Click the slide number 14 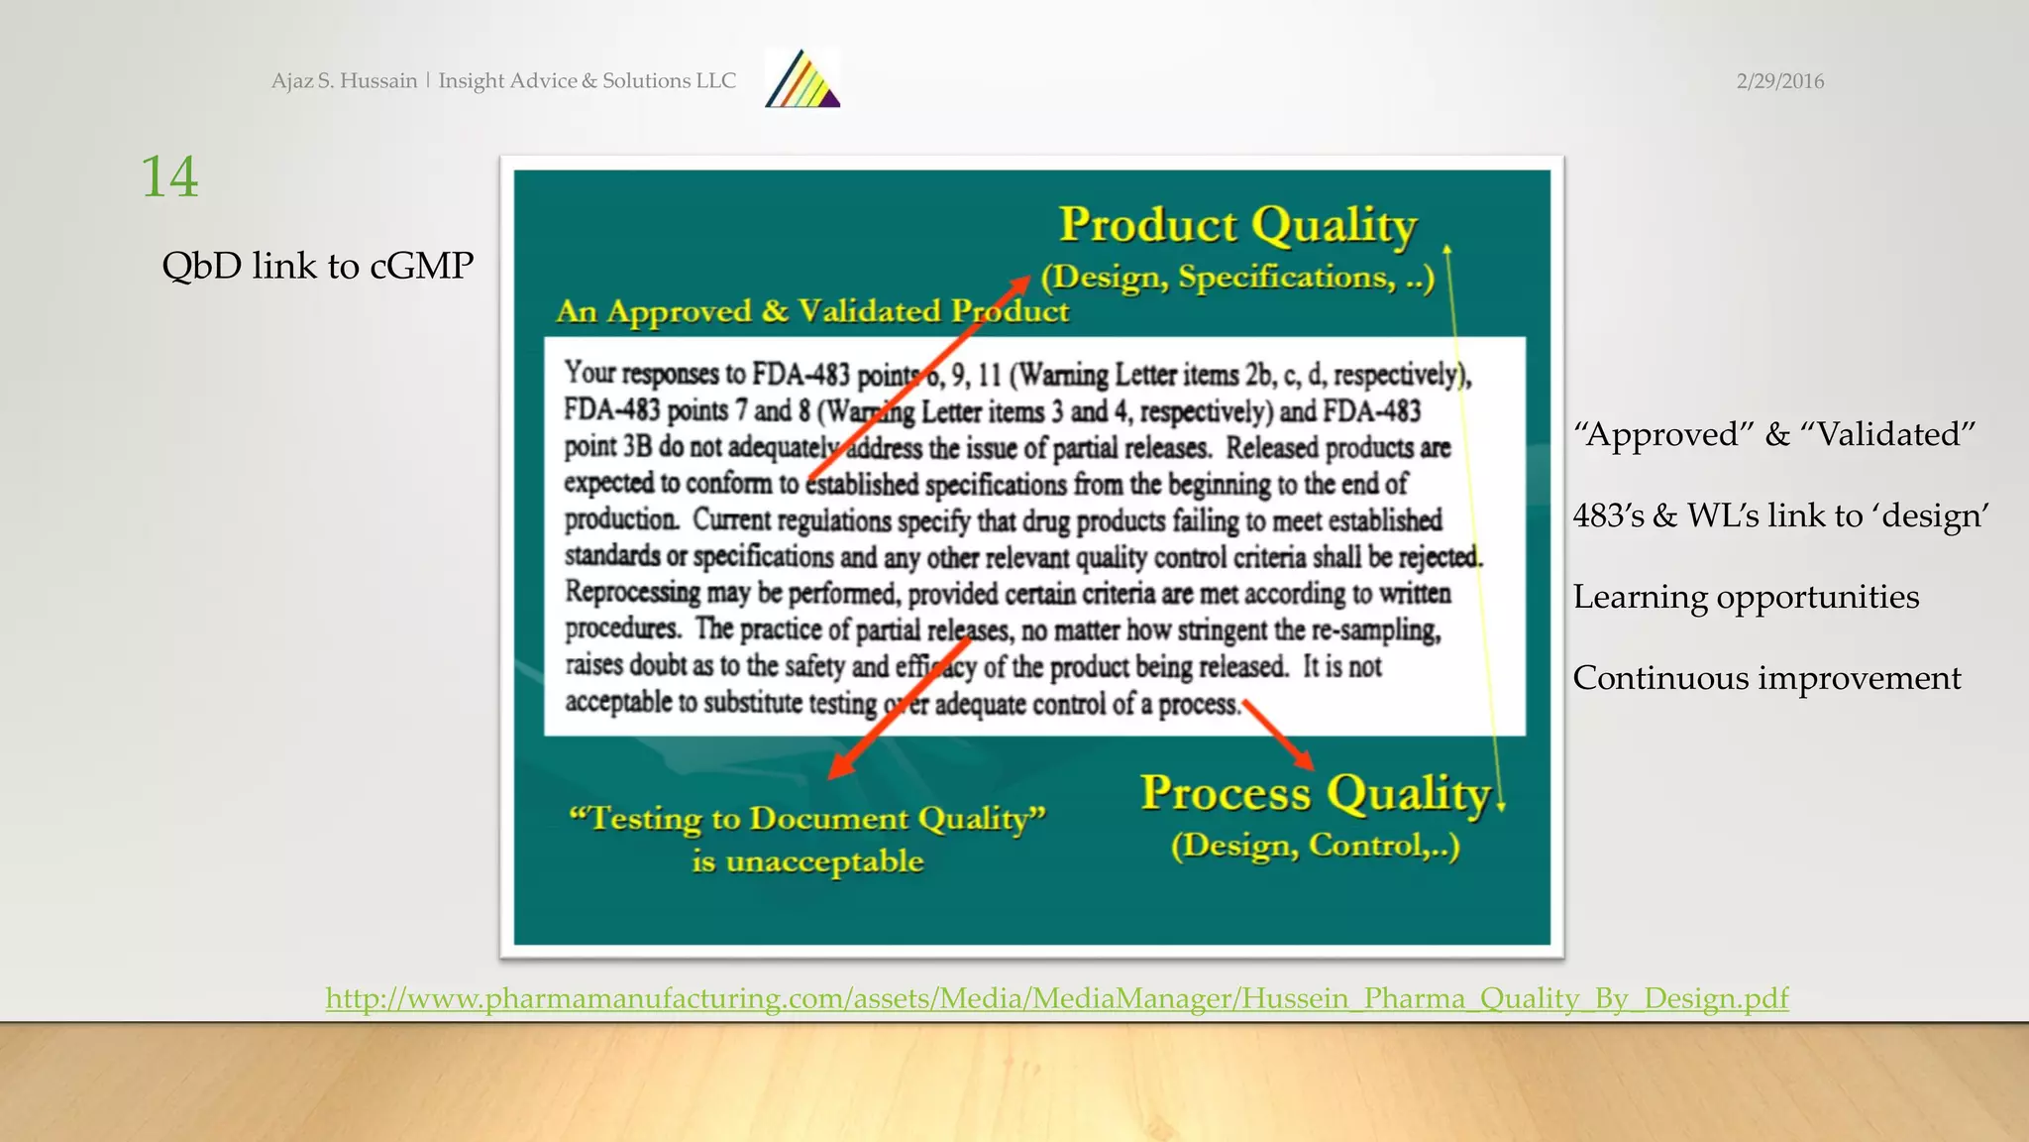click(x=169, y=177)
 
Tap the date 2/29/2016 click(x=1779, y=81)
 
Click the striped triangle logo click(x=802, y=78)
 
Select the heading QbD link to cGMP click(x=317, y=266)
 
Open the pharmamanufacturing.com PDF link click(x=1057, y=997)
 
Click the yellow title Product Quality click(x=1238, y=225)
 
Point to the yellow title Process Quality click(x=1316, y=793)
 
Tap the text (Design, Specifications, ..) click(x=1237, y=278)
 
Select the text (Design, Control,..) click(x=1315, y=846)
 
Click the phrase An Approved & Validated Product click(x=812, y=311)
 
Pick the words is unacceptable click(x=807, y=860)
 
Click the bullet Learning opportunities click(x=1746, y=597)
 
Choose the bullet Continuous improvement click(x=1766, y=678)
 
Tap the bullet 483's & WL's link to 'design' click(x=1780, y=515)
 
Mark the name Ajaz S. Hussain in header click(x=344, y=81)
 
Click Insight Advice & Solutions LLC click(x=587, y=81)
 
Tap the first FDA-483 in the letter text click(x=801, y=374)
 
